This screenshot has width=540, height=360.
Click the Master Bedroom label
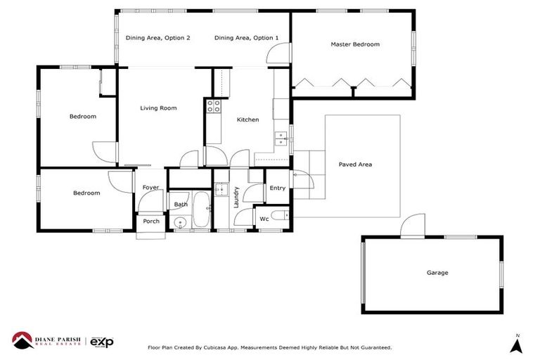tap(355, 44)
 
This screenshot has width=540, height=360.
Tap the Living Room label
tap(158, 108)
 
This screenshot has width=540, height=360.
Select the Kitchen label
tap(247, 120)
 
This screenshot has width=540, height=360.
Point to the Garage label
tap(437, 273)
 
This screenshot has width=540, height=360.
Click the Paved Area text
tap(355, 165)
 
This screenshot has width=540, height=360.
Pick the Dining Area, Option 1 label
tap(246, 38)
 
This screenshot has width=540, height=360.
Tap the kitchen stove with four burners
tap(213, 106)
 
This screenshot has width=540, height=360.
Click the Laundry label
tap(237, 197)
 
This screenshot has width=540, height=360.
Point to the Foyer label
tap(150, 188)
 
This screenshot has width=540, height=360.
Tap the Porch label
tap(151, 221)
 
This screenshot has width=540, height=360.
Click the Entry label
tap(277, 188)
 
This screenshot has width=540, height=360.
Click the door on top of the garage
tap(411, 227)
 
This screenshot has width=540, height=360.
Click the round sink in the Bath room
tap(180, 224)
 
